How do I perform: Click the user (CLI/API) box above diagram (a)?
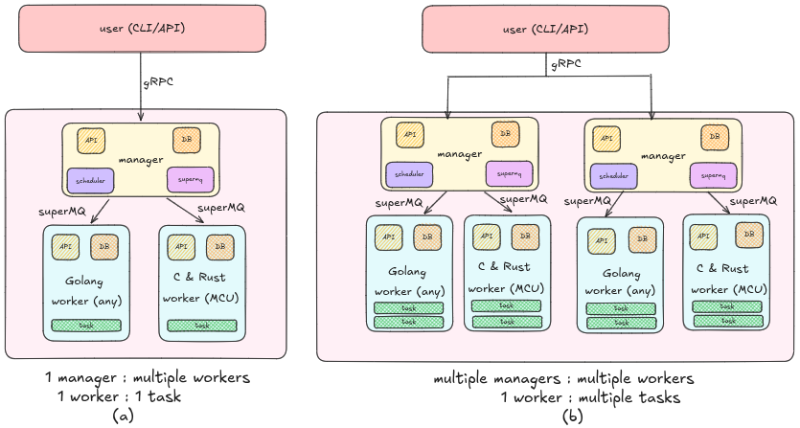pyautogui.click(x=142, y=29)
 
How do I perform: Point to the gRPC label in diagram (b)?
pyautogui.click(x=566, y=65)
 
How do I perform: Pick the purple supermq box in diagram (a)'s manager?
pyautogui.click(x=190, y=179)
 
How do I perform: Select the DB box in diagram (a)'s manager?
pyautogui.click(x=187, y=140)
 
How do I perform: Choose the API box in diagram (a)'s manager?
pyautogui.click(x=91, y=140)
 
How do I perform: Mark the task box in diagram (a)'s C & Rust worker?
pyautogui.click(x=201, y=326)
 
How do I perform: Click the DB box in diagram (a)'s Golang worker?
pyautogui.click(x=104, y=246)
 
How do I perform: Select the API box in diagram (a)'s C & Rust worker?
pyautogui.click(x=180, y=246)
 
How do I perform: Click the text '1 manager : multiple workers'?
pyautogui.click(x=149, y=377)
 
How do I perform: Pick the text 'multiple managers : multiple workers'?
pyautogui.click(x=563, y=378)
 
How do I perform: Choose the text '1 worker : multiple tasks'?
pyautogui.click(x=589, y=397)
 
